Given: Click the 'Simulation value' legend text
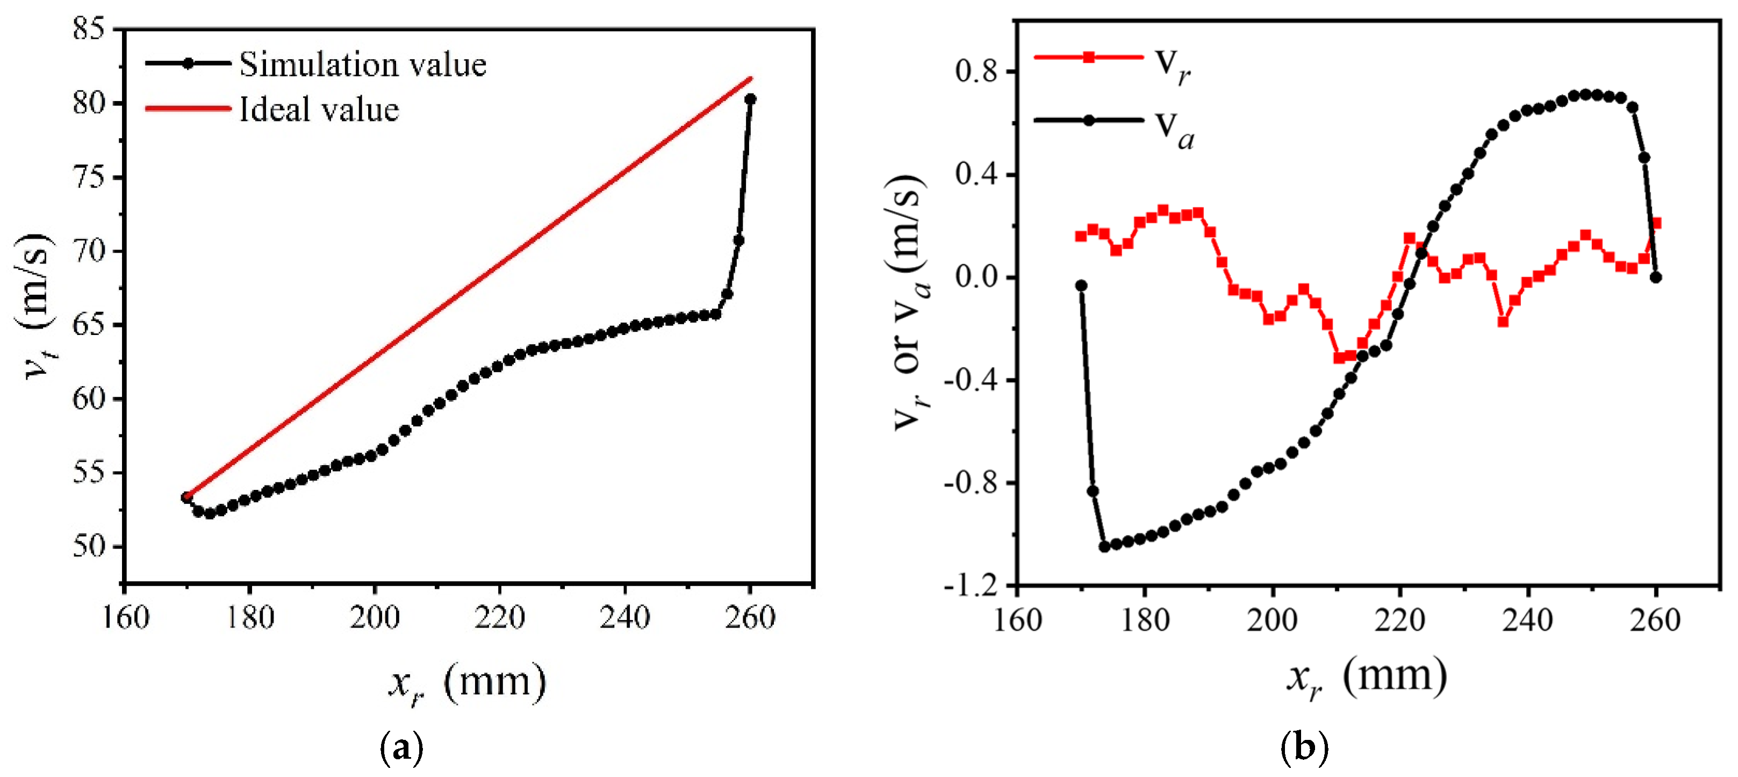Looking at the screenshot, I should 362,65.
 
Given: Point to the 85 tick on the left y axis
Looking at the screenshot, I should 90,29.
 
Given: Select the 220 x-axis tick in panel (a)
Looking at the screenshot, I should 499,617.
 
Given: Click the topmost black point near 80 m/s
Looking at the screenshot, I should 750,99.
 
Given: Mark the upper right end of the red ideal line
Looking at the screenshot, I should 751,79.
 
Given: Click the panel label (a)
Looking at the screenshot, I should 402,748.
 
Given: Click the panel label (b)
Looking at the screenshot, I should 1304,748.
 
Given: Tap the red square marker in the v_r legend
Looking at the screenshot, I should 1088,58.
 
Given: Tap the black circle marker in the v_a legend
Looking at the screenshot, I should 1088,121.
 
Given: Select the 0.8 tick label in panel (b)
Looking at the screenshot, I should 975,71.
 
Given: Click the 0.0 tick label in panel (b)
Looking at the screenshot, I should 975,277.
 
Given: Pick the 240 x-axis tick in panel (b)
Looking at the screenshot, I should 1527,619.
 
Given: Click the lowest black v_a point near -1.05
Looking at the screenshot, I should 1104,546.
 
